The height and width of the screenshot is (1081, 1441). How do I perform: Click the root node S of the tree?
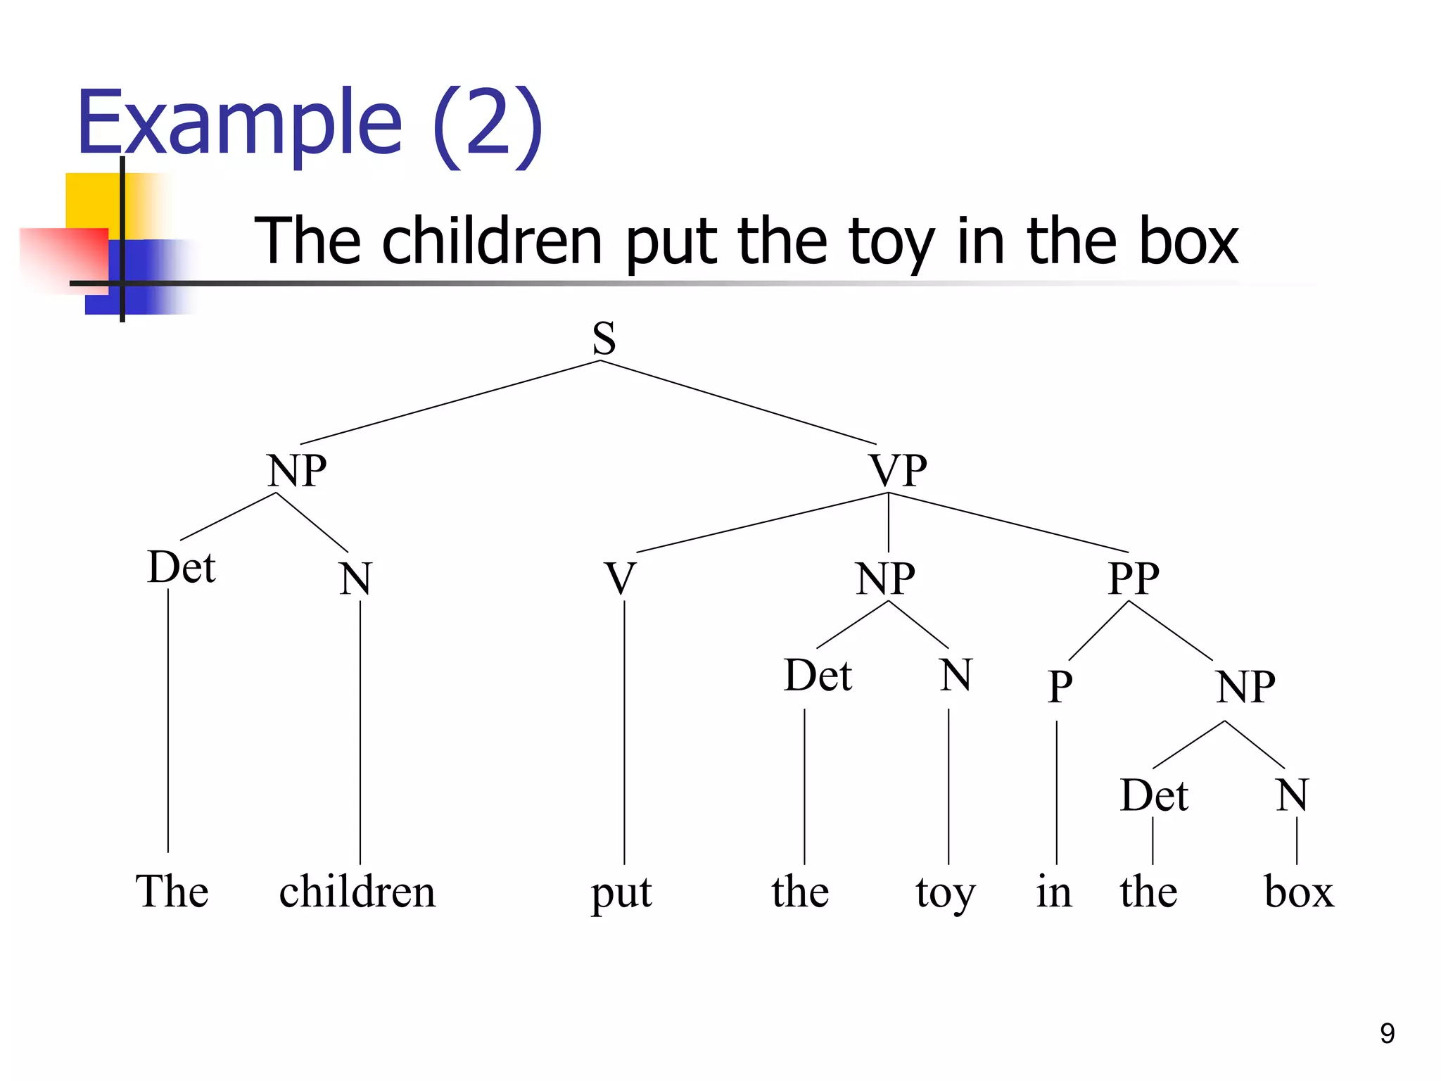tap(604, 339)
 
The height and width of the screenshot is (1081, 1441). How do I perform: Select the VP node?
tap(898, 470)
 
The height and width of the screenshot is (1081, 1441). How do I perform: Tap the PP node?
tap(1133, 579)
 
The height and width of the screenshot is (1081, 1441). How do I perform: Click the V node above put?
tap(621, 579)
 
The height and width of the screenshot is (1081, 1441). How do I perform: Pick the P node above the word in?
tap(1060, 687)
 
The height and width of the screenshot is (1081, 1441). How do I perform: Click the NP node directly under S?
tap(297, 470)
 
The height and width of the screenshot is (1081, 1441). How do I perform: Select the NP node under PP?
tap(1245, 687)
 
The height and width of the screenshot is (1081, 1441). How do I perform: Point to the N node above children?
tap(355, 579)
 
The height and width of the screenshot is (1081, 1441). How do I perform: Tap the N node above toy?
tap(956, 675)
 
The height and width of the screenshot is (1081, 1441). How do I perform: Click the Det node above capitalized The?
tap(182, 567)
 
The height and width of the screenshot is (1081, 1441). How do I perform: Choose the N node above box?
tap(1292, 795)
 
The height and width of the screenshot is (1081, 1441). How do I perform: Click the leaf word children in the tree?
tap(357, 892)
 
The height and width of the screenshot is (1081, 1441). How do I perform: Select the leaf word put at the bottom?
tap(621, 894)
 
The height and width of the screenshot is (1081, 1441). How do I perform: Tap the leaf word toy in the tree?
tap(945, 894)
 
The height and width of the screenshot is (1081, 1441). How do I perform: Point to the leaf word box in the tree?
tap(1299, 892)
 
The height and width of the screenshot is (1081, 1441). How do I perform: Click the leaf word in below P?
tap(1054, 892)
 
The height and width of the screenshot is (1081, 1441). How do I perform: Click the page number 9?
tap(1387, 1033)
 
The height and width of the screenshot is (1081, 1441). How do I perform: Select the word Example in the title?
tap(239, 123)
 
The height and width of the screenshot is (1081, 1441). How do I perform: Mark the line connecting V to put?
tap(624, 732)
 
